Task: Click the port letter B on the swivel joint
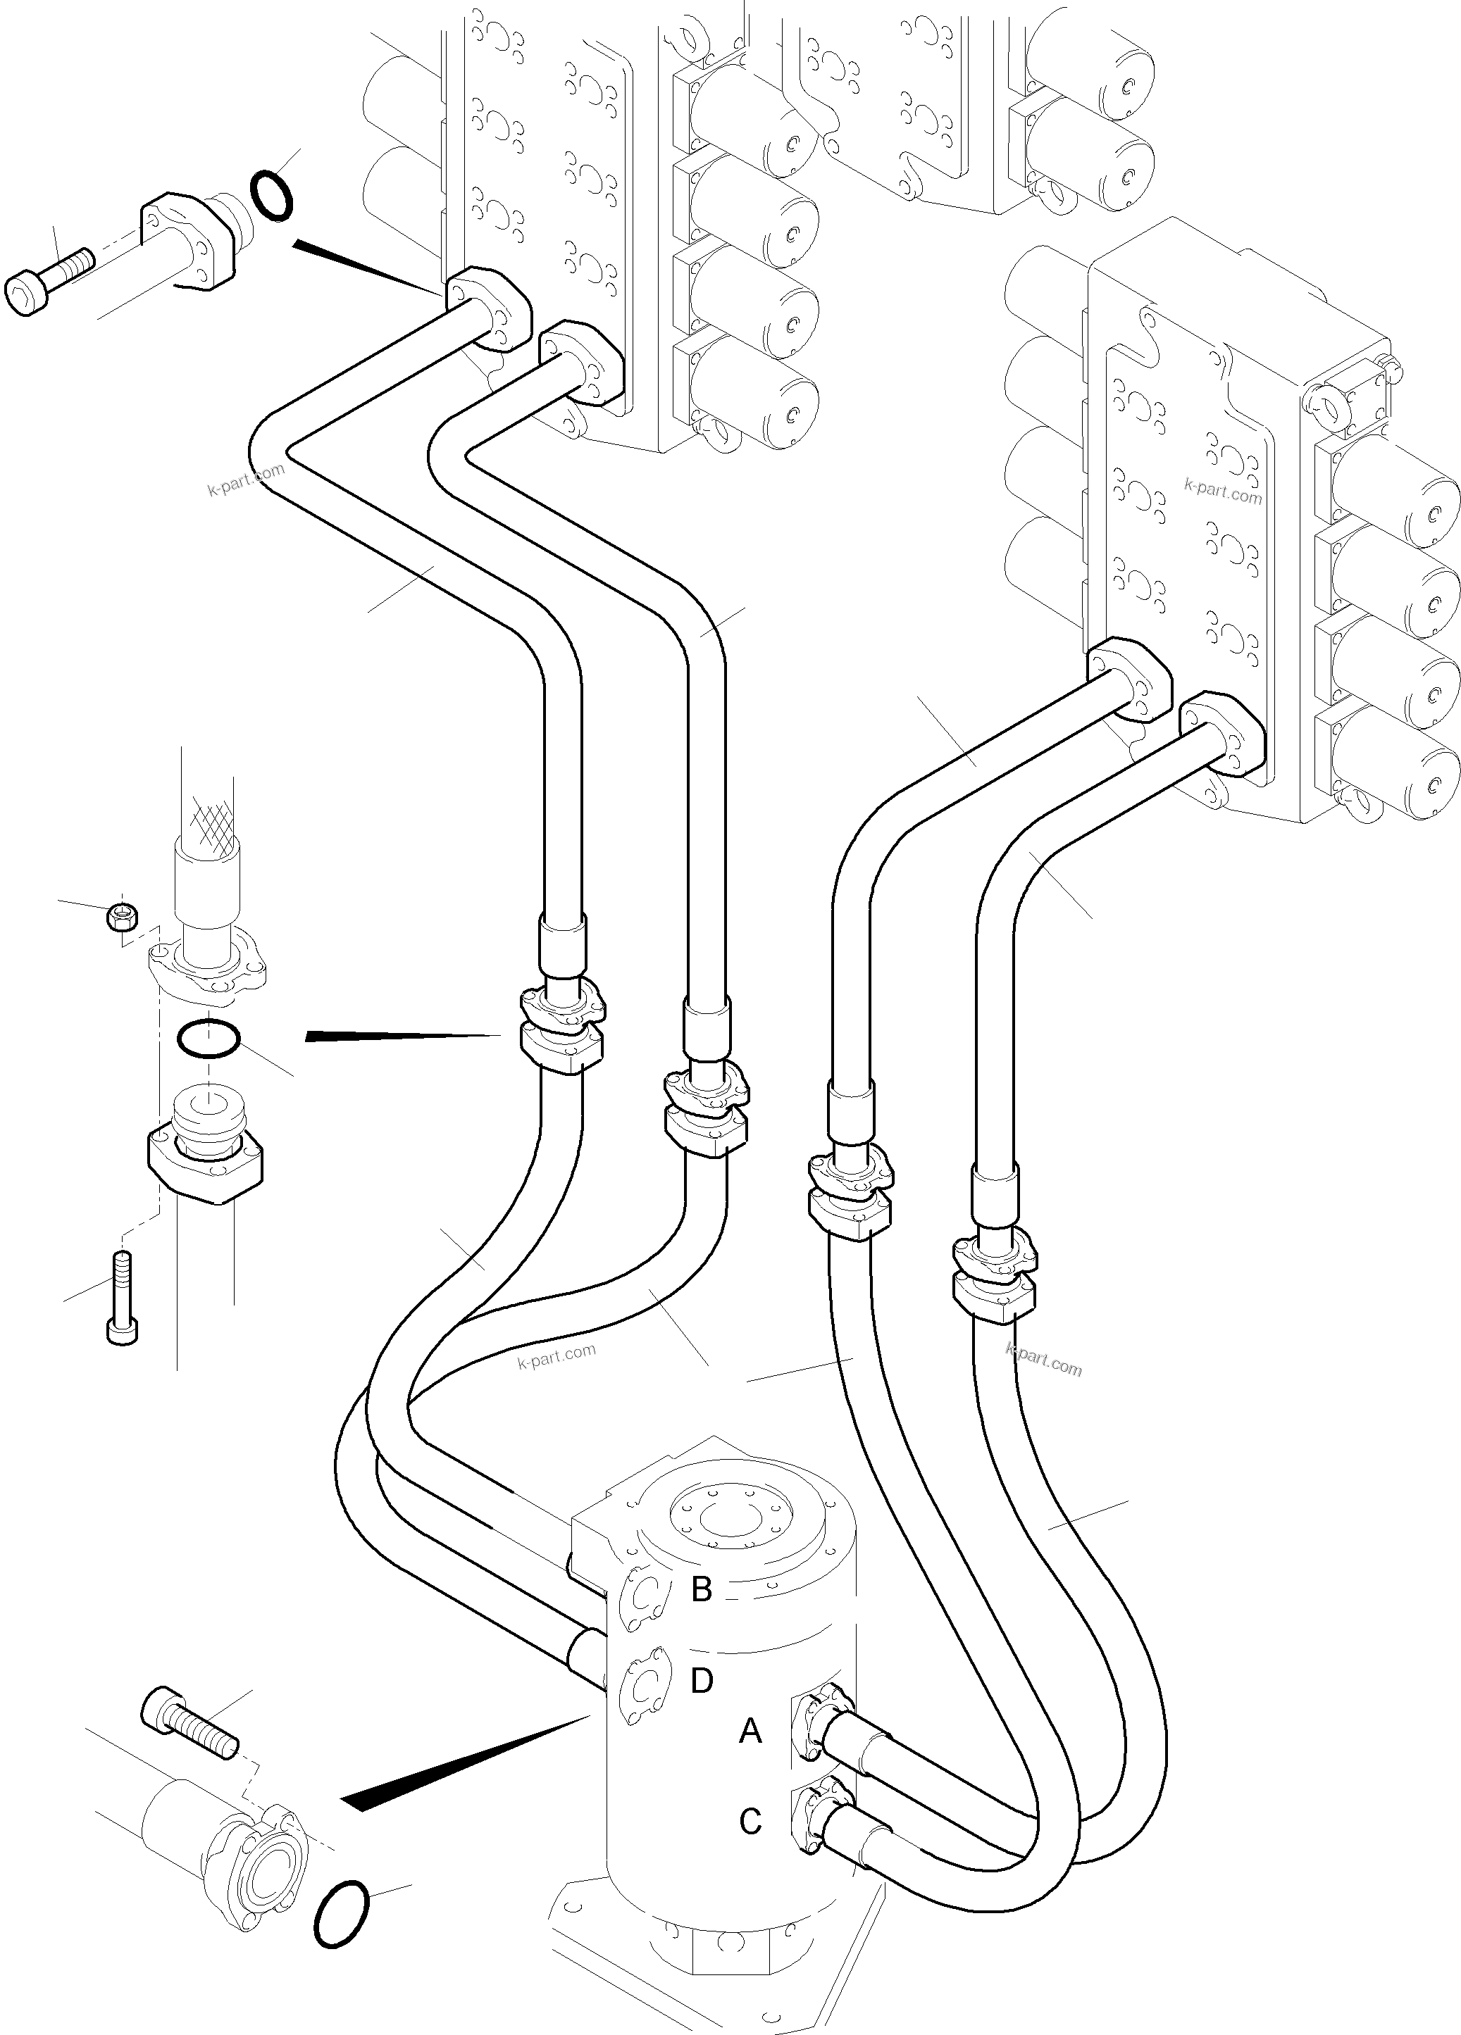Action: (x=701, y=1589)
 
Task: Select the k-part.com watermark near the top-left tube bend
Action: (x=245, y=478)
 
